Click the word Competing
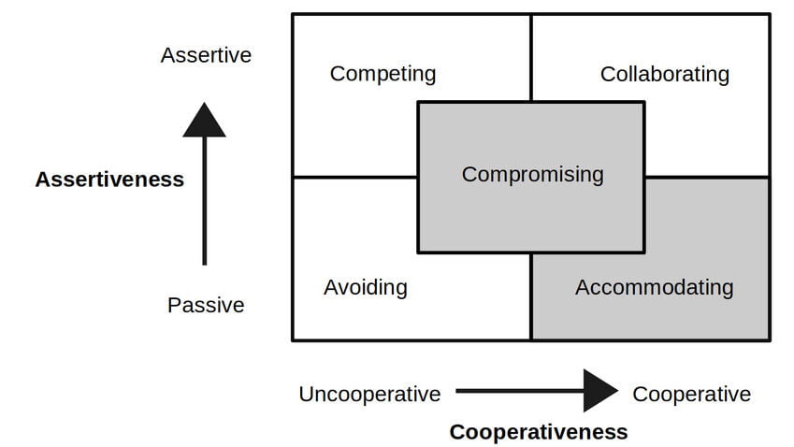[383, 73]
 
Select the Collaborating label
[664, 73]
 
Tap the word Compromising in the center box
[532, 174]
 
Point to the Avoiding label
[365, 287]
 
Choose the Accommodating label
[654, 287]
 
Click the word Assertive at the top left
[206, 55]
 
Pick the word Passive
[206, 305]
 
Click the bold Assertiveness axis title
[109, 180]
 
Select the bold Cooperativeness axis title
[538, 431]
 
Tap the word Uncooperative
[369, 394]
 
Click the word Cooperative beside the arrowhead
[691, 394]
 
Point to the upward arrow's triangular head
[204, 122]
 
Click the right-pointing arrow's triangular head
[599, 390]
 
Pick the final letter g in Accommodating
[727, 289]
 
